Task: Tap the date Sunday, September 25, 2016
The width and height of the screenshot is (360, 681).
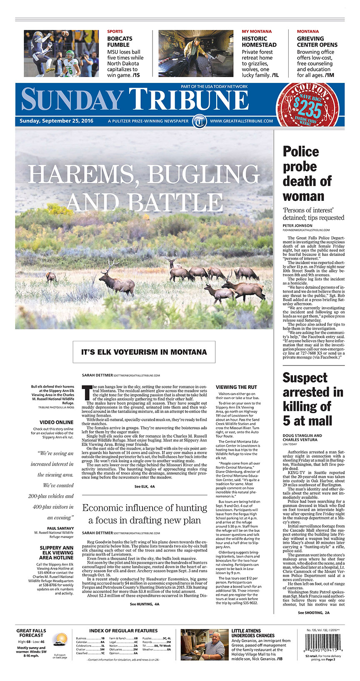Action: (x=56, y=121)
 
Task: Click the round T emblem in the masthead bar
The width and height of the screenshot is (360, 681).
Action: (x=200, y=121)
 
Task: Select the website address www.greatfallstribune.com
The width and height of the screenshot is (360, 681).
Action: (x=242, y=121)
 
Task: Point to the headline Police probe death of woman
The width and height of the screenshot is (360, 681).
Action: (x=307, y=173)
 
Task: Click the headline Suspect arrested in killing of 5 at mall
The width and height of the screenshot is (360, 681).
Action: (x=312, y=399)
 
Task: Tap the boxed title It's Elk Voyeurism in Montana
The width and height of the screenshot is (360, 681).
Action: (x=144, y=352)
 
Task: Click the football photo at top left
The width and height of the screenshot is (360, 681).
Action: (x=61, y=53)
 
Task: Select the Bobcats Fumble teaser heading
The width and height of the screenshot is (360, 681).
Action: (x=120, y=41)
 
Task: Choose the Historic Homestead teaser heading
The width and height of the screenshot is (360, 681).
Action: (x=259, y=41)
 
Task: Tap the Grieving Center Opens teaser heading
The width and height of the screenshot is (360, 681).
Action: (x=317, y=41)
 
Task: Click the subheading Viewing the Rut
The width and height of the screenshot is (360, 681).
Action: (x=236, y=387)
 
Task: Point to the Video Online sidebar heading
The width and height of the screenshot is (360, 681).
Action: (x=56, y=422)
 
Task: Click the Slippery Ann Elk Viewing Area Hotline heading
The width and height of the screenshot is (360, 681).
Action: (x=56, y=553)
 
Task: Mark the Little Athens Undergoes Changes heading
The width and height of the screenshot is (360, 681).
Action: (x=252, y=633)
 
